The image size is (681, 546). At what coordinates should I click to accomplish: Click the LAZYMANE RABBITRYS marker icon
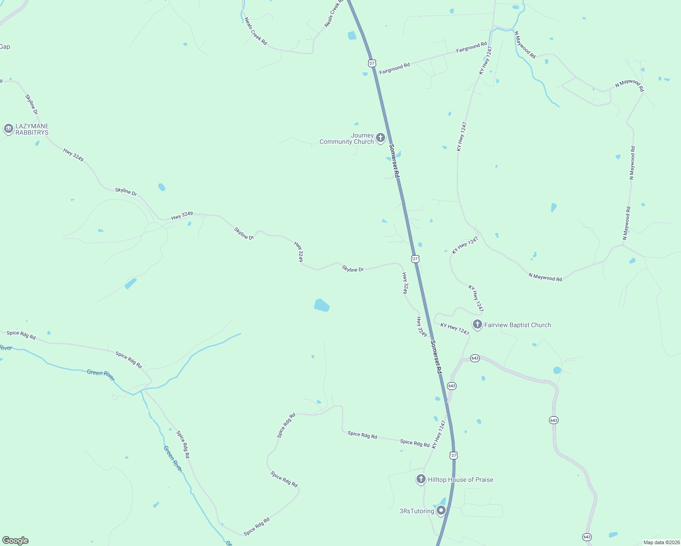(8, 129)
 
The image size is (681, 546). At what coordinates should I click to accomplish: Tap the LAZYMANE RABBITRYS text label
(32, 129)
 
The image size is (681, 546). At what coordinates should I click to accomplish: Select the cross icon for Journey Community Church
(381, 137)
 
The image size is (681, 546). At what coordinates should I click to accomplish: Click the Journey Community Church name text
(347, 139)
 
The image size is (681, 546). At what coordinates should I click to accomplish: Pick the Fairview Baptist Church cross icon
(477, 324)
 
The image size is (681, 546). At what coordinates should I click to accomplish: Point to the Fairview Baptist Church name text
(518, 325)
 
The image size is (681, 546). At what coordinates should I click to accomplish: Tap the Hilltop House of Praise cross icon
(421, 479)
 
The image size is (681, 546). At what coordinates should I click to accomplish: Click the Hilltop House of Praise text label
(460, 480)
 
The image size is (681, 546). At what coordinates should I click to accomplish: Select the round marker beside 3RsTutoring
(441, 511)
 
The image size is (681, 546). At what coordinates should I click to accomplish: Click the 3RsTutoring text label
(417, 511)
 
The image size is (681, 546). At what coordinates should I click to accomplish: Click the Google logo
(15, 541)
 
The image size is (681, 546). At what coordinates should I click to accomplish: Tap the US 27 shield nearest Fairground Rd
(372, 63)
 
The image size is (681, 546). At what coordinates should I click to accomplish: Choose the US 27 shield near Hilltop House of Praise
(453, 455)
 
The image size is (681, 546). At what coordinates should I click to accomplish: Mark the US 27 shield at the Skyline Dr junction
(415, 259)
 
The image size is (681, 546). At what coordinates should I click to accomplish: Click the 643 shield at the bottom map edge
(587, 537)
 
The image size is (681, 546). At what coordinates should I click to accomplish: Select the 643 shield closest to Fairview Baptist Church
(475, 358)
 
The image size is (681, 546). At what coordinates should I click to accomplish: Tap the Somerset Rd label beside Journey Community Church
(395, 161)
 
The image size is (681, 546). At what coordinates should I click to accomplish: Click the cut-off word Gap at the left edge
(5, 46)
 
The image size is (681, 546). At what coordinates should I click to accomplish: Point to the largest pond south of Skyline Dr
(322, 305)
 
